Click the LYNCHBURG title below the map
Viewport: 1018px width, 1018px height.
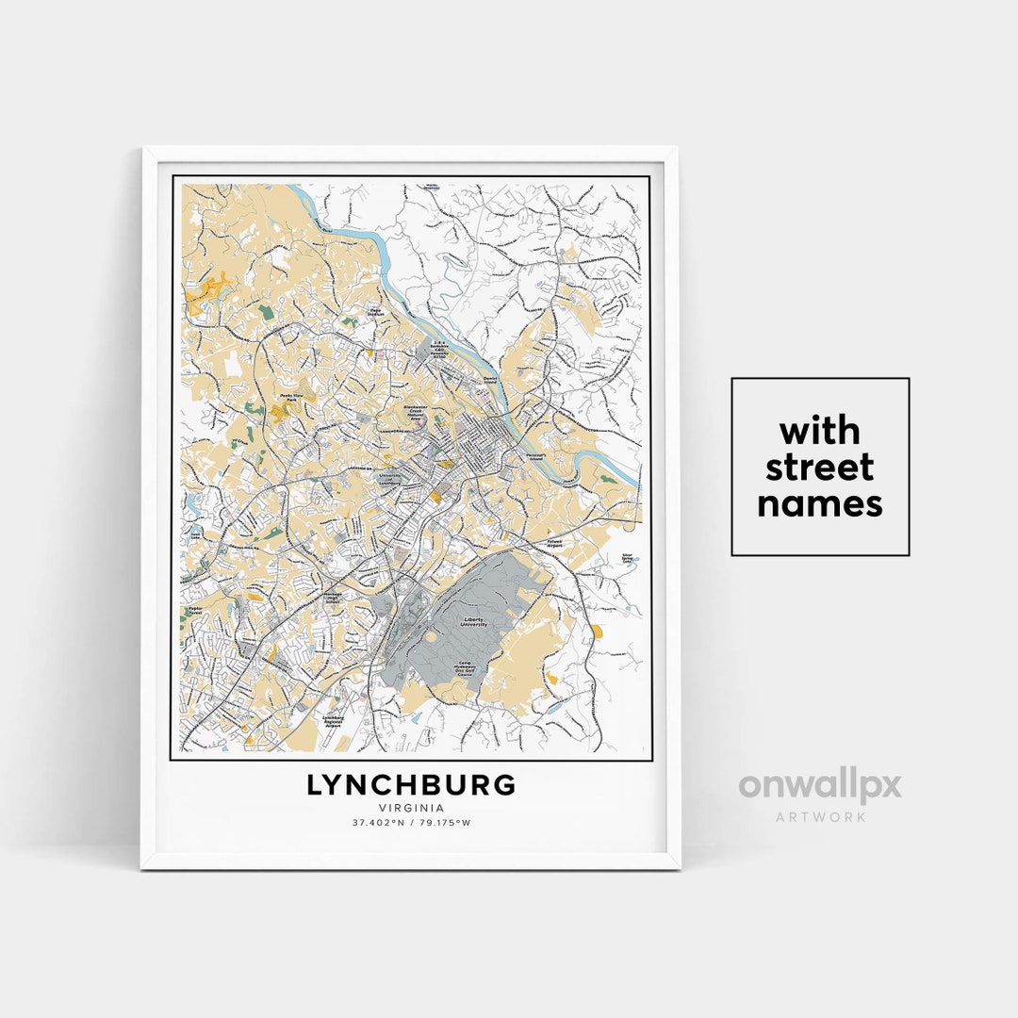[x=411, y=784]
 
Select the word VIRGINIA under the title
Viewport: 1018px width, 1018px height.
[x=411, y=808]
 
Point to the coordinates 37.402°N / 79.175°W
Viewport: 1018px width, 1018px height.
[x=411, y=823]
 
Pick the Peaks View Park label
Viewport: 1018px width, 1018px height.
[x=289, y=398]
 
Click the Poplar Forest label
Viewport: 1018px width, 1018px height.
[x=196, y=611]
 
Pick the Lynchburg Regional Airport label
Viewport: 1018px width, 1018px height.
[x=333, y=722]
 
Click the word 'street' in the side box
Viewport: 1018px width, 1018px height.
[x=820, y=468]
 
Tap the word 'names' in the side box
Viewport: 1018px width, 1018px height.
[x=820, y=504]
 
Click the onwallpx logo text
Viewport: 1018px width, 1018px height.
[x=820, y=785]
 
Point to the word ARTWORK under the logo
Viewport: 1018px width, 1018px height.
[x=820, y=817]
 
